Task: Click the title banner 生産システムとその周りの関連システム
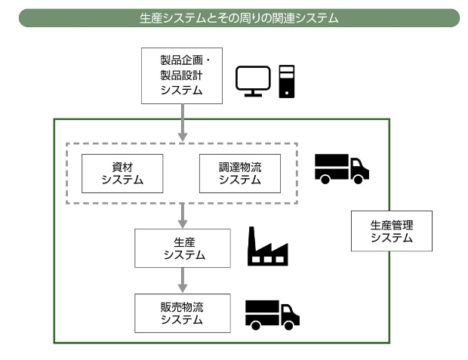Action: point(239,17)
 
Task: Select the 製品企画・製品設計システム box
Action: point(182,75)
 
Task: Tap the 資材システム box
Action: point(122,173)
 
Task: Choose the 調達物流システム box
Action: point(239,173)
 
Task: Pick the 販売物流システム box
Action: point(182,313)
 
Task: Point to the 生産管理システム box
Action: point(392,231)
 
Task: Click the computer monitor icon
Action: point(253,81)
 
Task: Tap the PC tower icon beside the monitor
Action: point(287,82)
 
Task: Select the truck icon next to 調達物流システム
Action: point(341,168)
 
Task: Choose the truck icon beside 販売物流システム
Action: point(272,314)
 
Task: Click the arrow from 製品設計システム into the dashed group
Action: point(182,121)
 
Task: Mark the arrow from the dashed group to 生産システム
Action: point(182,216)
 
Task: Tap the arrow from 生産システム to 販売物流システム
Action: point(182,281)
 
